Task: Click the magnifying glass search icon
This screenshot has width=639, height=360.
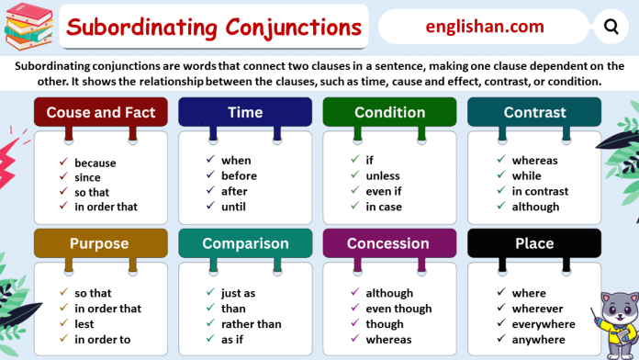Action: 611,27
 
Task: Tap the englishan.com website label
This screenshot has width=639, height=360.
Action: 485,27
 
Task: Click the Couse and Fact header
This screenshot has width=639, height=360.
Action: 101,113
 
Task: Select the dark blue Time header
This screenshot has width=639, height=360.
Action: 245,113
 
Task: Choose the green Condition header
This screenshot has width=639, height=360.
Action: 390,113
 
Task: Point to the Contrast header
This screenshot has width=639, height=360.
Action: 534,113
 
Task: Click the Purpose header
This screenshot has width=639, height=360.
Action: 101,243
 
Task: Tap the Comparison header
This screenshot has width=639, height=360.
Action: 245,243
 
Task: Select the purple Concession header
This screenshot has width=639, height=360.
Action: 390,243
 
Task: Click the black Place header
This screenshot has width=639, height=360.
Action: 534,243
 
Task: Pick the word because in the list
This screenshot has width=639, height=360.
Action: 95,163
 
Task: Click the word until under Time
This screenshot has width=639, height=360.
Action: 235,207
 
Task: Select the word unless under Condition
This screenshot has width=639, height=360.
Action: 383,176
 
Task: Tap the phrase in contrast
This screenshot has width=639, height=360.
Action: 540,192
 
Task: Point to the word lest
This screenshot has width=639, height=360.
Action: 85,324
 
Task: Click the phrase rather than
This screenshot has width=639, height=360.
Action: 251,324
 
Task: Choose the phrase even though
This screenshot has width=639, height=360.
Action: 398,309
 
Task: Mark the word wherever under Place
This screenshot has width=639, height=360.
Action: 537,309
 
